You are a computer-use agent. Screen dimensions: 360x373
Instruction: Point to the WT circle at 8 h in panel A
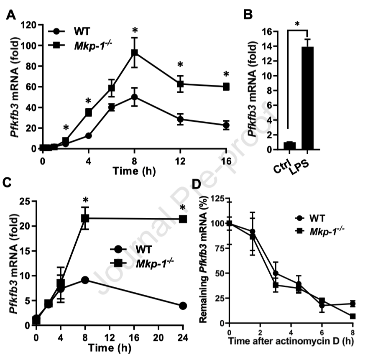click(135, 97)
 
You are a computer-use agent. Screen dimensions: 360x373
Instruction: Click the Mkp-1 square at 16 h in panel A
click(226, 87)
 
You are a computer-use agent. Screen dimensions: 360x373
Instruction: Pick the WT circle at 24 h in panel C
click(183, 306)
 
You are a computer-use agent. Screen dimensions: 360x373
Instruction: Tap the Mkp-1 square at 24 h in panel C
click(183, 219)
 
